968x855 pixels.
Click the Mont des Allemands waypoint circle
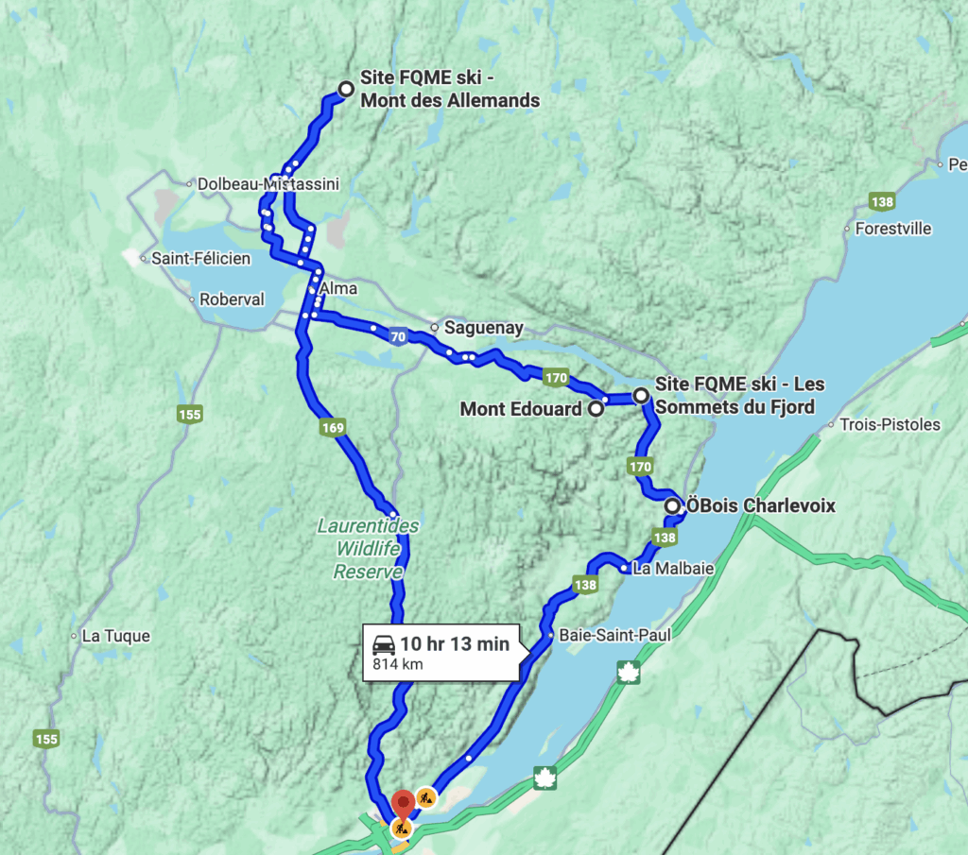click(346, 89)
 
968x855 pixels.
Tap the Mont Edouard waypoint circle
click(596, 409)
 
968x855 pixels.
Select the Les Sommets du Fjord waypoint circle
click(641, 395)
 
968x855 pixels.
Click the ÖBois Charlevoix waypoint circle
click(672, 506)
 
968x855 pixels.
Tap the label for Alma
click(338, 288)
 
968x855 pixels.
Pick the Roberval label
click(232, 299)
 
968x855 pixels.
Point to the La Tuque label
click(115, 636)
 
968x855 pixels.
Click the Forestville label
click(892, 229)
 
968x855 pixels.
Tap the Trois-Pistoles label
click(890, 424)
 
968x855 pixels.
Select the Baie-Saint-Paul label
click(614, 636)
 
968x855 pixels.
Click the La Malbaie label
click(673, 569)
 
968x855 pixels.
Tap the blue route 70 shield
click(400, 336)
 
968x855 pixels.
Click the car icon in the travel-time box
click(384, 644)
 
